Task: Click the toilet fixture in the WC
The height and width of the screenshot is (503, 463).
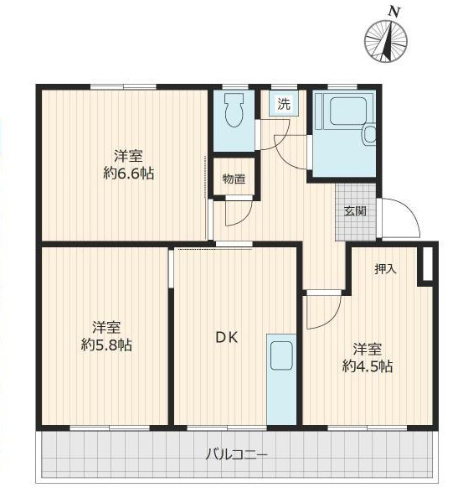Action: (234, 110)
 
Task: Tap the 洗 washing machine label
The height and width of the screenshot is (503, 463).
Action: (284, 104)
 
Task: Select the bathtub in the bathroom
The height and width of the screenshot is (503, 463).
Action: (347, 111)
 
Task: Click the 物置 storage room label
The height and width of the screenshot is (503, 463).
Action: (234, 179)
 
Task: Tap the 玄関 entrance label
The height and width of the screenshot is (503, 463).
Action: (355, 211)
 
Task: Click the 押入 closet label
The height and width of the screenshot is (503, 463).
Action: (386, 269)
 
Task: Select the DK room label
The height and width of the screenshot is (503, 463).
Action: (227, 338)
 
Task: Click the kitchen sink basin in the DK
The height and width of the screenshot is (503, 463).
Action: (281, 355)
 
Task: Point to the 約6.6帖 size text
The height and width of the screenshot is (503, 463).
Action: (128, 174)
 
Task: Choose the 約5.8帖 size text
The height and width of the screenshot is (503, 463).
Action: (106, 345)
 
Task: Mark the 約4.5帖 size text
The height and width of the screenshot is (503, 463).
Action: (368, 366)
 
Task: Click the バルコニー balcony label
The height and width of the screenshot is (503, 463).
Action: (236, 455)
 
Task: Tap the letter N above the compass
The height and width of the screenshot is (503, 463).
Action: (394, 12)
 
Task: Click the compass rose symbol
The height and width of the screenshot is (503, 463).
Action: (386, 41)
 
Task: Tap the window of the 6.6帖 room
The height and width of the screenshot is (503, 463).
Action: (123, 86)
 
